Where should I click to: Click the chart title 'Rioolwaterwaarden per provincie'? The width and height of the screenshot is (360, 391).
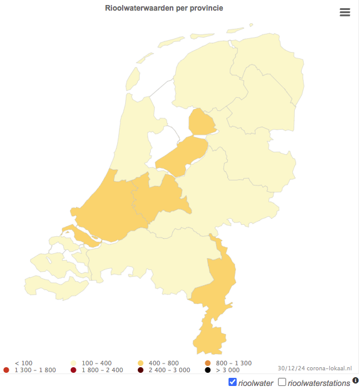coord(164,8)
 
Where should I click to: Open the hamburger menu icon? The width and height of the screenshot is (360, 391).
coord(345,13)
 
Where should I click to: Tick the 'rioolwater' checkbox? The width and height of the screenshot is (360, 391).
coord(233,382)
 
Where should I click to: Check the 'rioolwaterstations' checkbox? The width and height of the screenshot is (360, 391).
coord(282,382)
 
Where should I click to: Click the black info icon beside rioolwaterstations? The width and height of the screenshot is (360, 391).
coord(356,380)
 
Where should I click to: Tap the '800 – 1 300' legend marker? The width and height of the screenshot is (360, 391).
coord(208,363)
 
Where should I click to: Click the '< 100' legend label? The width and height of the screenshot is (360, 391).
coord(23,363)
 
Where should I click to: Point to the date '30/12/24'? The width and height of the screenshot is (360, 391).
coord(289,368)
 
